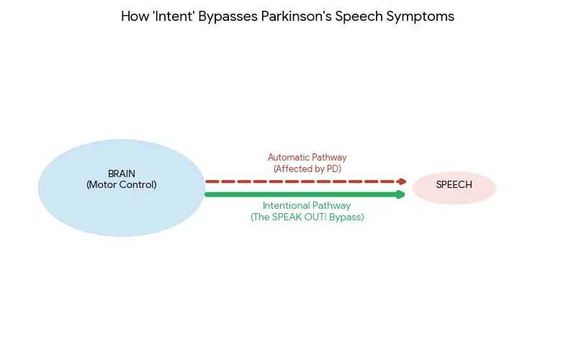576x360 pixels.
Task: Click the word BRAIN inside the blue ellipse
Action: [x=121, y=174]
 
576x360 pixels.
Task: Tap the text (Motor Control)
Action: [x=121, y=185]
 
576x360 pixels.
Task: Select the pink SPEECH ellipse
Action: [x=454, y=187]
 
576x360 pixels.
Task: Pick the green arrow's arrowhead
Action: [x=401, y=194]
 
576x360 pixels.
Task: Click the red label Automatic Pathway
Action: [x=307, y=157]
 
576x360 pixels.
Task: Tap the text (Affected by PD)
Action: [x=307, y=168]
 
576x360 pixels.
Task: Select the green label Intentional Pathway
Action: [x=307, y=205]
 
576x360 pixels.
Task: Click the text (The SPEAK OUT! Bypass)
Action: [x=307, y=217]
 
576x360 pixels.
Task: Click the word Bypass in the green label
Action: [x=346, y=217]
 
